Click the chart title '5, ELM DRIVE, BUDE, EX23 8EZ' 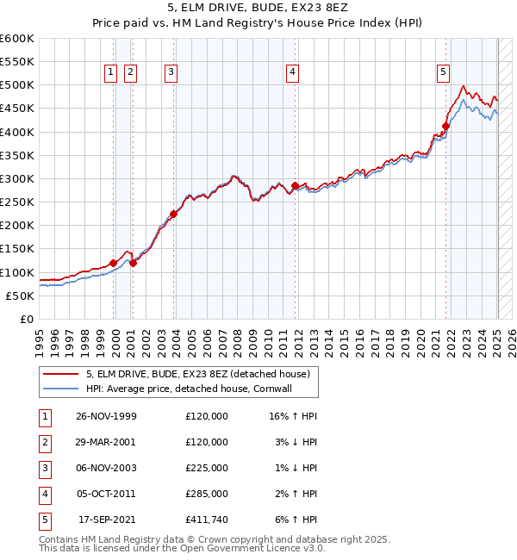258,9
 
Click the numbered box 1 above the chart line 112,73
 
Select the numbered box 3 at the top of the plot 171,73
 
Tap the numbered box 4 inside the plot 293,73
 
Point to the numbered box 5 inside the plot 443,73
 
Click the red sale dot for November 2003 173,214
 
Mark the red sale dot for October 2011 295,185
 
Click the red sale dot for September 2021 445,127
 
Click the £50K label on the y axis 20,296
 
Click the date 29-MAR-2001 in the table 107,441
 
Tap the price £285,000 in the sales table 207,494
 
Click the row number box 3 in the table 44,468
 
